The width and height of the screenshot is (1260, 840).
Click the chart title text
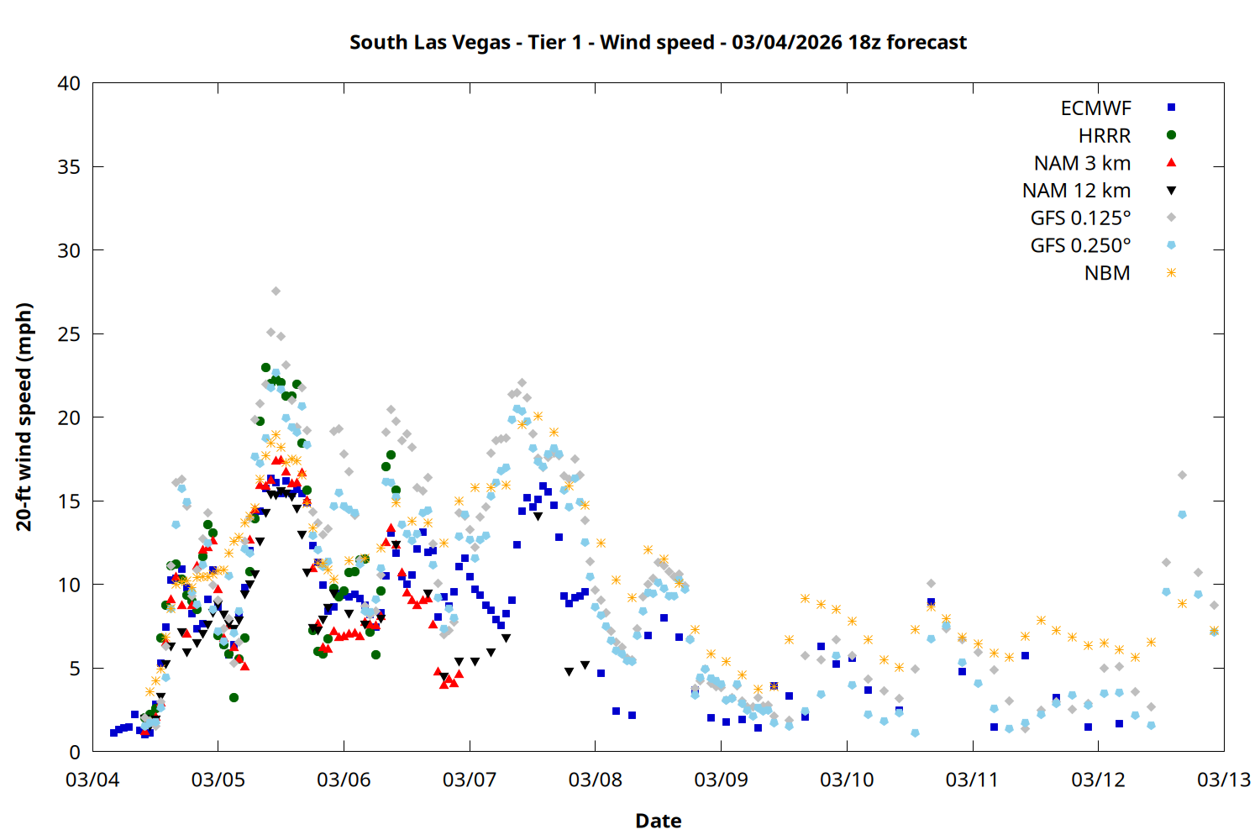658,42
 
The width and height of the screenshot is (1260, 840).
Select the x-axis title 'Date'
658,821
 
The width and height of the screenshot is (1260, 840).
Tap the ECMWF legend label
1095,108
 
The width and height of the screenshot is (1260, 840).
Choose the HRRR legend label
1105,136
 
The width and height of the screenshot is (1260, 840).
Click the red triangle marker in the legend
1171,162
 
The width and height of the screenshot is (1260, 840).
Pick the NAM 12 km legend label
1076,191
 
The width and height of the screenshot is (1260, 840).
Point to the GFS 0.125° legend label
1080,218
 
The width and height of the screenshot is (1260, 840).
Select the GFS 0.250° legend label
1080,246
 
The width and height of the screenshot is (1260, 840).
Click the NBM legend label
1107,273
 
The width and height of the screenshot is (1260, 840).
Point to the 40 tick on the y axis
70,83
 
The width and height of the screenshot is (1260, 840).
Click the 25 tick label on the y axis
70,334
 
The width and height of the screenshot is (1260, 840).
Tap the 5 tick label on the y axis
76,669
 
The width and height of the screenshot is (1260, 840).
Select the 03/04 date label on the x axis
92,780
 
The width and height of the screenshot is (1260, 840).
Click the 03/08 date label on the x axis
596,780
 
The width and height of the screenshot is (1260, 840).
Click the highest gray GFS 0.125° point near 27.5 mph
276,291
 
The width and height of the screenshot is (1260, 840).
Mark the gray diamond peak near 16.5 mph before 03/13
1182,475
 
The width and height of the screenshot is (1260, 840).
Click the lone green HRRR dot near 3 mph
234,698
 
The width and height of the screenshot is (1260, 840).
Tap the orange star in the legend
1171,273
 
